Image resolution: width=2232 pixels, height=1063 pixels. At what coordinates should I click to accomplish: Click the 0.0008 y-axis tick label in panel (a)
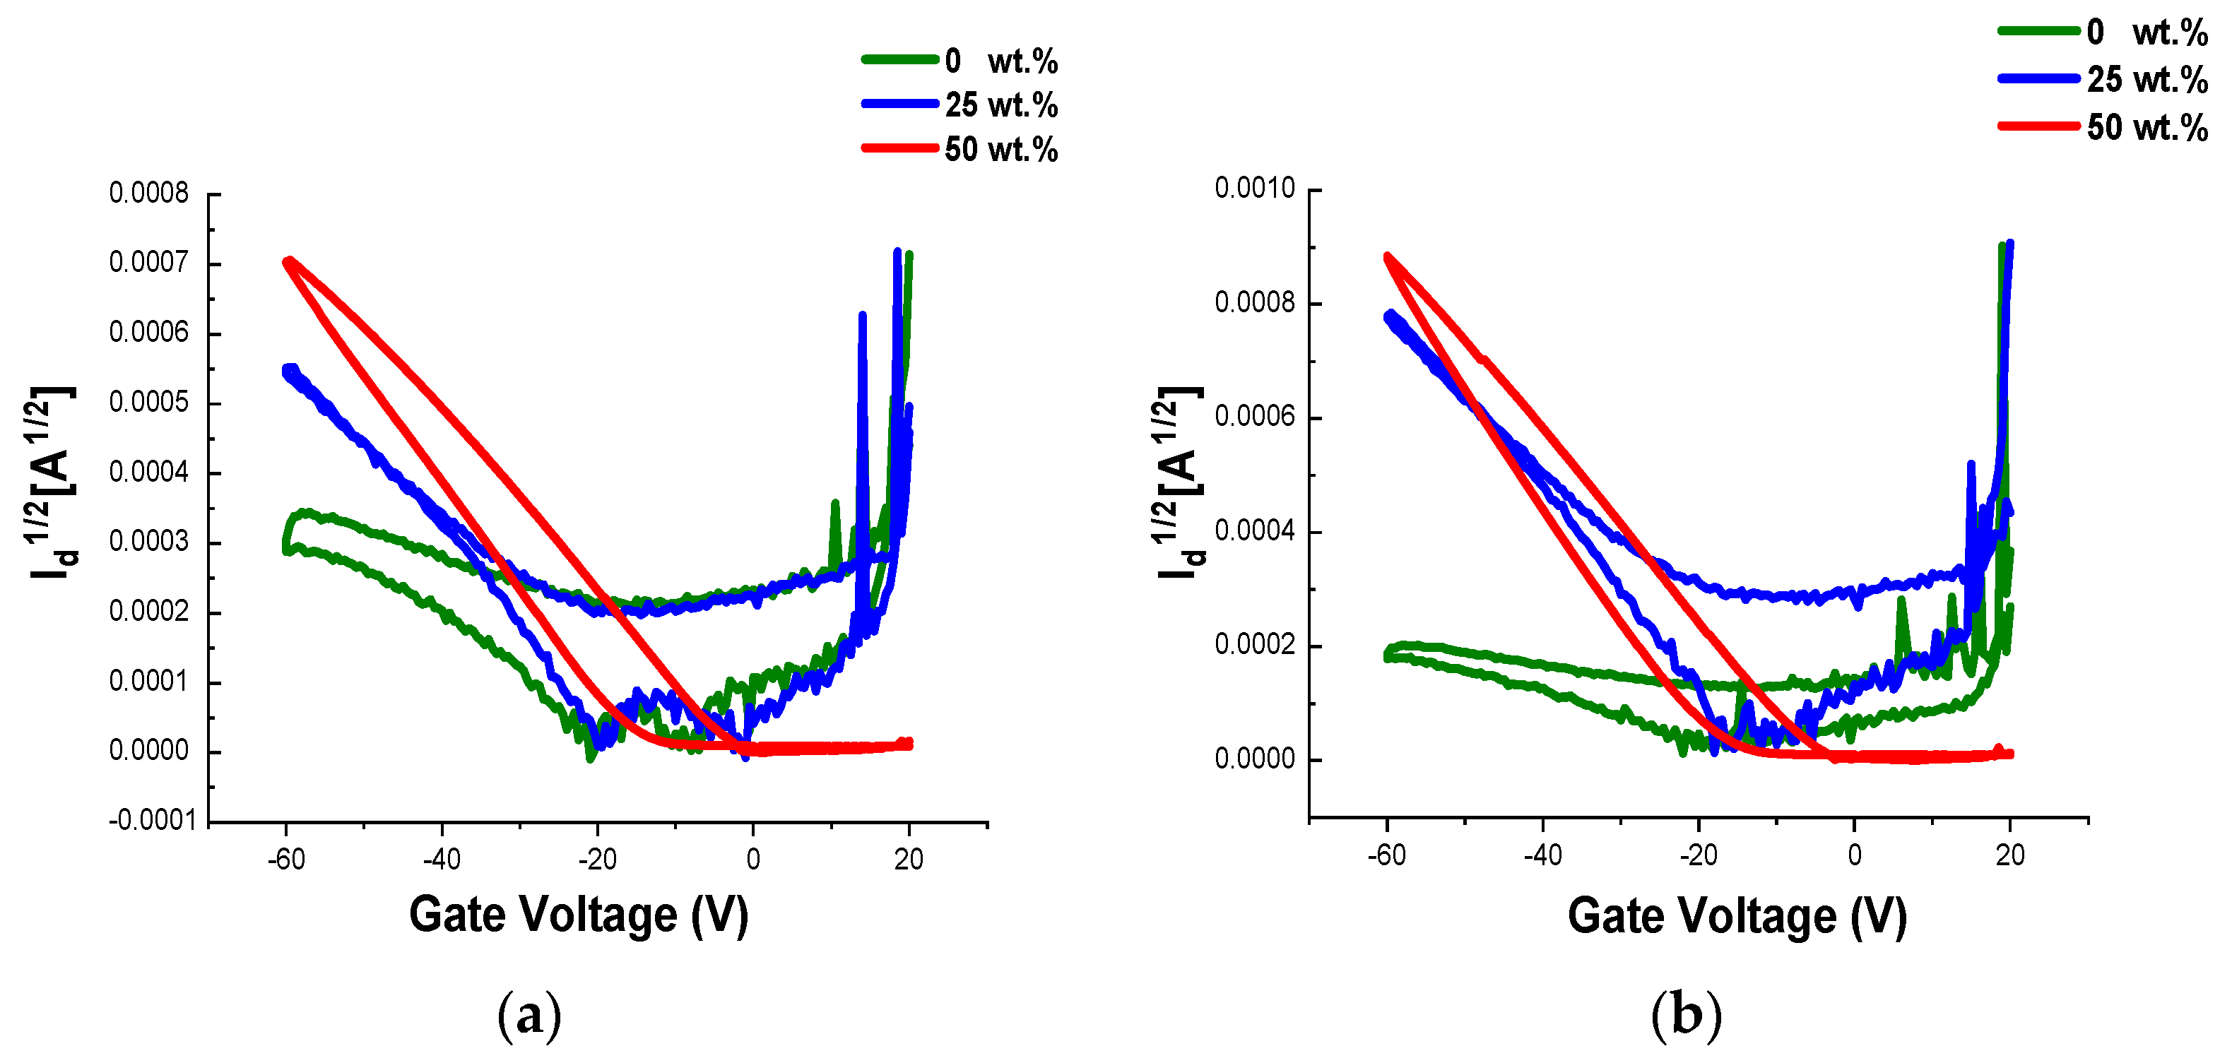(148, 194)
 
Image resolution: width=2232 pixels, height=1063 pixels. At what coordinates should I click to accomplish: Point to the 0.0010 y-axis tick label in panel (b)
(1255, 188)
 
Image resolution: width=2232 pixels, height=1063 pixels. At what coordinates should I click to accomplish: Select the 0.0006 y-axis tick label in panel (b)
(1255, 417)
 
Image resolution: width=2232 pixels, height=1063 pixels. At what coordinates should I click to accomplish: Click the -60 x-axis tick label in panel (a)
(286, 860)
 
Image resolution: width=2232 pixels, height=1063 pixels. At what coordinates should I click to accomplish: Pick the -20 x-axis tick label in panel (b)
(1699, 856)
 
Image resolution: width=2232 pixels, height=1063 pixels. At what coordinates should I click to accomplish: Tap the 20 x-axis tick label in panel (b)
(2010, 856)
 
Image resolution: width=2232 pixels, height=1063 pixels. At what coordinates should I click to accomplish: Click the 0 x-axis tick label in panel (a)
(753, 860)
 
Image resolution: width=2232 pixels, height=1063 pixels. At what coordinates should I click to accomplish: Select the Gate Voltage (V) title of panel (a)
(579, 915)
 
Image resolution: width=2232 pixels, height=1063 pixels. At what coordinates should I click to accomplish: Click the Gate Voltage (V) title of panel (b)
(1737, 917)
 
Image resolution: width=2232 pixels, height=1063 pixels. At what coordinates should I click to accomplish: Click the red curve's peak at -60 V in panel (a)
(288, 261)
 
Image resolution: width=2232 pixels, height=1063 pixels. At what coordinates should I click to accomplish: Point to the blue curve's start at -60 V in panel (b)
(1390, 316)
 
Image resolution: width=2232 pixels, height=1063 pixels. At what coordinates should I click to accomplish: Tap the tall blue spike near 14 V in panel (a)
(862, 317)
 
